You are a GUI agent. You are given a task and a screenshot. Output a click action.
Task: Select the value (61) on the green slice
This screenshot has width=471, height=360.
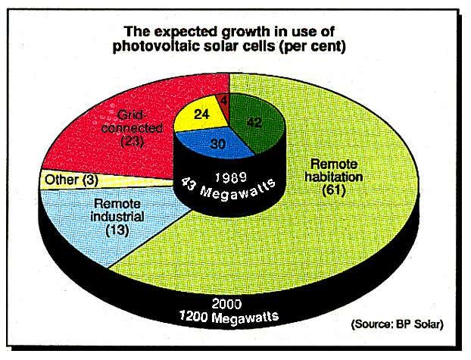click(x=332, y=191)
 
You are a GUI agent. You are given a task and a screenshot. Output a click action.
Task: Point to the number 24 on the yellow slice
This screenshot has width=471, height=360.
click(x=201, y=116)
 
